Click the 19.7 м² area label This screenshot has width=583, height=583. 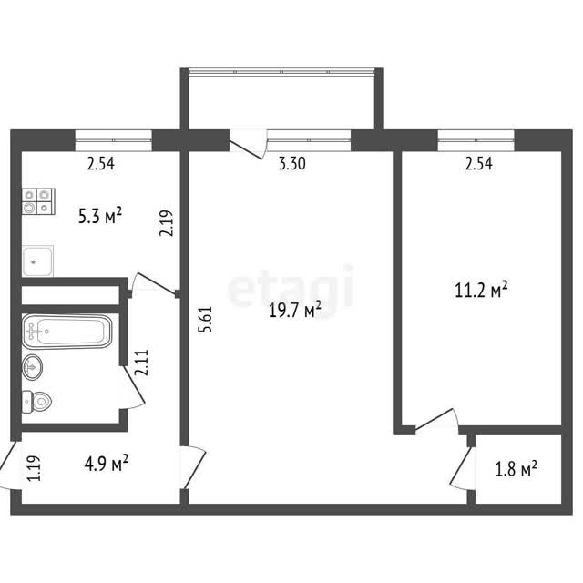295,310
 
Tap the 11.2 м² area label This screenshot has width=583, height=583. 481,290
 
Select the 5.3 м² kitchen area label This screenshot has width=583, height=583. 100,216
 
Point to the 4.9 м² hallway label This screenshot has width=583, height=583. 107,463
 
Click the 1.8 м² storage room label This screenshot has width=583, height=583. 516,468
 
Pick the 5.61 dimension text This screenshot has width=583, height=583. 206,319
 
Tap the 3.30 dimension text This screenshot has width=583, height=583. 292,164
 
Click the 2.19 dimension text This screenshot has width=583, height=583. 166,223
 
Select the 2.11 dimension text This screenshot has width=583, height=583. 142,363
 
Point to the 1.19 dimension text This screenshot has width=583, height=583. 34,468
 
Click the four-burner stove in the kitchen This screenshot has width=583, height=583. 38,201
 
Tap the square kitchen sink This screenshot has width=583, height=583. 37,261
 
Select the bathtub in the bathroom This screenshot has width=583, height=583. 66,332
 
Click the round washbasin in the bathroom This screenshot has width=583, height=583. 32,367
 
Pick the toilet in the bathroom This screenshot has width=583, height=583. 36,402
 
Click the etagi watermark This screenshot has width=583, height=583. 291,288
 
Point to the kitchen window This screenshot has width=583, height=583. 113,140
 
